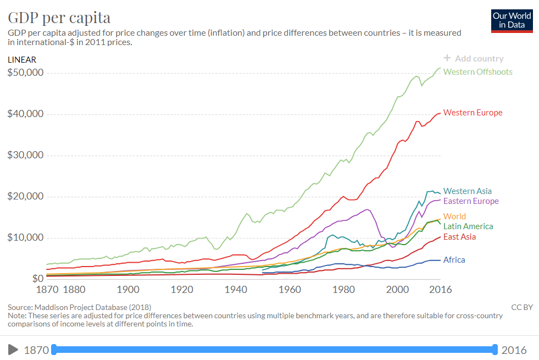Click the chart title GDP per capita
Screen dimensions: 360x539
click(x=59, y=17)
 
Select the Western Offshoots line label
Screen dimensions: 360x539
click(x=477, y=72)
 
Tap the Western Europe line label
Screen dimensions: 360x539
click(x=473, y=113)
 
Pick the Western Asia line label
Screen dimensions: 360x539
click(x=467, y=191)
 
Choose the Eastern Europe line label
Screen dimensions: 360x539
click(x=471, y=201)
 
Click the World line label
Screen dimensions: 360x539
click(x=454, y=217)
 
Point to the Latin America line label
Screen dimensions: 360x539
click(x=468, y=226)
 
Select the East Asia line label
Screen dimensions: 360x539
click(x=459, y=237)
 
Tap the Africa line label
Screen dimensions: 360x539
click(x=454, y=260)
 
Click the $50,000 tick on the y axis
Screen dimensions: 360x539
click(x=26, y=73)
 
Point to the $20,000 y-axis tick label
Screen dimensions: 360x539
click(x=26, y=196)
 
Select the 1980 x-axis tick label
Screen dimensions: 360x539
click(x=343, y=290)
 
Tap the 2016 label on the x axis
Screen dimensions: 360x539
click(x=439, y=290)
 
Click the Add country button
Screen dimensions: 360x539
click(x=473, y=59)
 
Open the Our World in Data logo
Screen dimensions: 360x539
click(x=512, y=21)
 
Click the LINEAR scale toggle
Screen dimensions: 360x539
click(x=22, y=59)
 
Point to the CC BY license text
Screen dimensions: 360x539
click(x=521, y=307)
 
